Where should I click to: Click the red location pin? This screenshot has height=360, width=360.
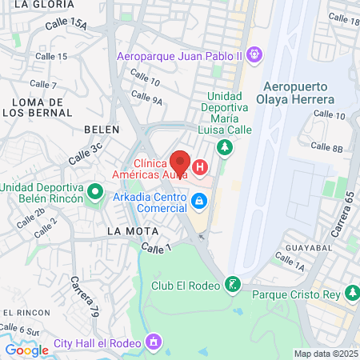(x=180, y=162)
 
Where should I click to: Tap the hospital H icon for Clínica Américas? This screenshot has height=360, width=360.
(x=200, y=167)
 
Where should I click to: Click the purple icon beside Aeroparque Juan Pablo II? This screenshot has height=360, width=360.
(x=255, y=55)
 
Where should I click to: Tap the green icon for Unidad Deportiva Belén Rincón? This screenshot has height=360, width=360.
(x=95, y=192)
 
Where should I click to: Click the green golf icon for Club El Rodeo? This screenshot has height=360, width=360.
(x=232, y=284)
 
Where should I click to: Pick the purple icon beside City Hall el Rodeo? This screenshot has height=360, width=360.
(x=154, y=343)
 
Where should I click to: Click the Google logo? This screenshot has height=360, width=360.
(x=26, y=350)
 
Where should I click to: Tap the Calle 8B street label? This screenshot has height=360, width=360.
(x=326, y=147)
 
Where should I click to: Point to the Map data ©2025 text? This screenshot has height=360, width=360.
(x=326, y=353)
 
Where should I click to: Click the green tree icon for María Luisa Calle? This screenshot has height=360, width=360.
(x=226, y=147)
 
